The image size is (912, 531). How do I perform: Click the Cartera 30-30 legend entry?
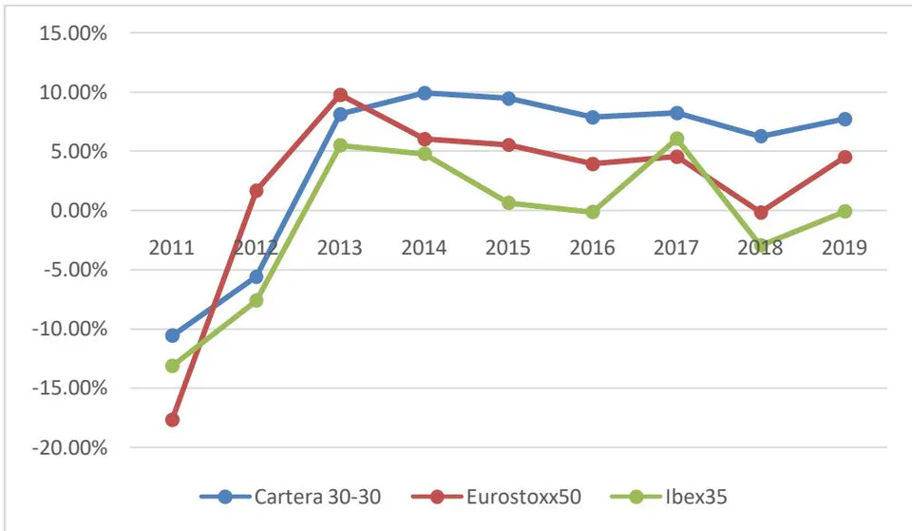(291, 497)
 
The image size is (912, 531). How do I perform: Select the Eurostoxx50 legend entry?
(496, 497)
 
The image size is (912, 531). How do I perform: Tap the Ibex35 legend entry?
(669, 497)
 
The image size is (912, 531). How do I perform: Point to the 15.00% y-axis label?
(73, 33)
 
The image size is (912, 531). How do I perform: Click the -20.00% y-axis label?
(69, 447)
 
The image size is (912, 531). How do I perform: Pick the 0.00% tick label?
(79, 211)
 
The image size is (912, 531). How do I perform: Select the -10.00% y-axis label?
(69, 330)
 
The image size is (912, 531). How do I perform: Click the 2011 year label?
(172, 248)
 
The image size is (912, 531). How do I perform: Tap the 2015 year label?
(507, 248)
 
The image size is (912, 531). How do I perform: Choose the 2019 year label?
(844, 248)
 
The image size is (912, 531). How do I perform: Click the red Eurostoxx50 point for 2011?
(172, 419)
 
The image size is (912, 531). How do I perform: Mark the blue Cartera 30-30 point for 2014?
(425, 93)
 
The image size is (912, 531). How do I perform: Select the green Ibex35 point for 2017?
(677, 139)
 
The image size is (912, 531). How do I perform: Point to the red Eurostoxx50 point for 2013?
(340, 95)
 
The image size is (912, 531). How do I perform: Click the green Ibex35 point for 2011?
(172, 366)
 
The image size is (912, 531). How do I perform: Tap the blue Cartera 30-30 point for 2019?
(845, 120)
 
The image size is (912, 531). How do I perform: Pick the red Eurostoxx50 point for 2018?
(761, 212)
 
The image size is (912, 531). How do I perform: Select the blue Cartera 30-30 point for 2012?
(256, 276)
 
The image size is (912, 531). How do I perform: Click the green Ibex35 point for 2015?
(509, 203)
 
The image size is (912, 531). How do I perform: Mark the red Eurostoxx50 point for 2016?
(593, 164)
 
